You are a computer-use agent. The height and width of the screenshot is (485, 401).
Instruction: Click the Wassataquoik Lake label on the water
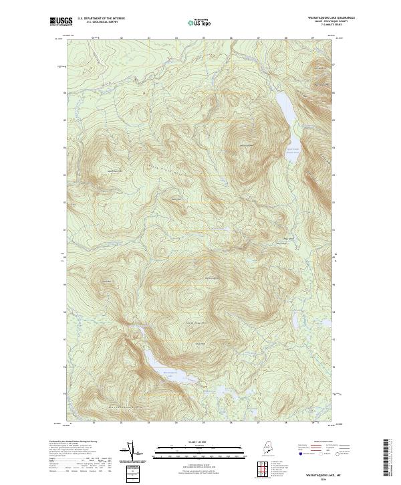point(169,373)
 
